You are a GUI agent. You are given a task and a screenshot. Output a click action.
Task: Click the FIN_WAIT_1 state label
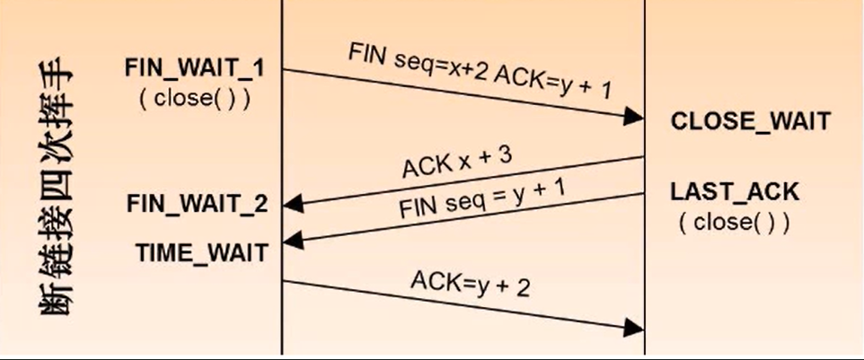(x=195, y=69)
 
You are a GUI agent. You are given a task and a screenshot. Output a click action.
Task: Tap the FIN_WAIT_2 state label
(x=198, y=204)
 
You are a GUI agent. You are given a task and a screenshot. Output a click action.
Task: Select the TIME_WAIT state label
(x=202, y=252)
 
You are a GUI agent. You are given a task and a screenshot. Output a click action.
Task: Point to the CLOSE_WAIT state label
(x=751, y=121)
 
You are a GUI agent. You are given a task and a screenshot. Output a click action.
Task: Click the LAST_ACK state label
(x=734, y=191)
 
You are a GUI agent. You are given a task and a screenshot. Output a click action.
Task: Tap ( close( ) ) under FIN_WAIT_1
(x=195, y=98)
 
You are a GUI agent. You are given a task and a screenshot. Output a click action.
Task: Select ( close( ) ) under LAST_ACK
(x=734, y=223)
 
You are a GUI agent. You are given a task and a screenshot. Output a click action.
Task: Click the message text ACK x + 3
(x=458, y=162)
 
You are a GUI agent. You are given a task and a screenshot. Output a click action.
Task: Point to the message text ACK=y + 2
(x=471, y=283)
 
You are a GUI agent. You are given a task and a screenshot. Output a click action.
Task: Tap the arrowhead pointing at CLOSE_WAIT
(x=634, y=117)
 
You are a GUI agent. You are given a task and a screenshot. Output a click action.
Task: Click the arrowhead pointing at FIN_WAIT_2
(x=292, y=206)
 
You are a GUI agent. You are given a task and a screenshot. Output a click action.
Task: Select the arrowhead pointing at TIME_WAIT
(x=292, y=240)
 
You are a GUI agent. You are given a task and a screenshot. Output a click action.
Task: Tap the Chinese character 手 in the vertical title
(x=57, y=80)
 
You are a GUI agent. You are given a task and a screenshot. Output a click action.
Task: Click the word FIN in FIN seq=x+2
(x=366, y=57)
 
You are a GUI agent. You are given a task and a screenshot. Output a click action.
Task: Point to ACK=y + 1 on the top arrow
(x=552, y=85)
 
